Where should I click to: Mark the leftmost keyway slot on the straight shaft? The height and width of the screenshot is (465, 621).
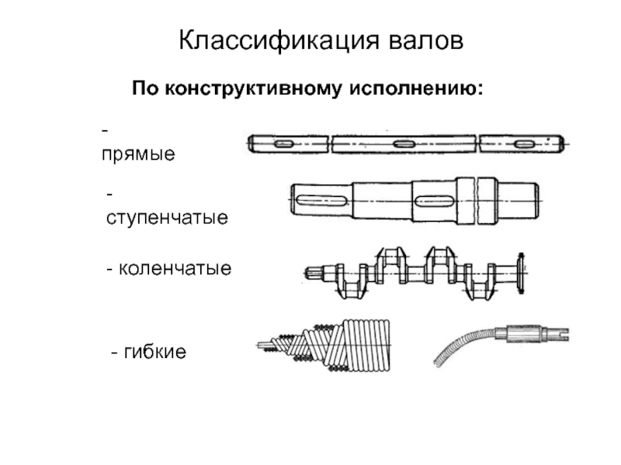coord(282,143)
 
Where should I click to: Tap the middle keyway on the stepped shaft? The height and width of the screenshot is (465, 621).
coord(432,201)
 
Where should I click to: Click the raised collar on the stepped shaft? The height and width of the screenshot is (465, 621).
coord(477,199)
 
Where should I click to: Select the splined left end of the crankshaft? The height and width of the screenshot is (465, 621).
coord(314,272)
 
